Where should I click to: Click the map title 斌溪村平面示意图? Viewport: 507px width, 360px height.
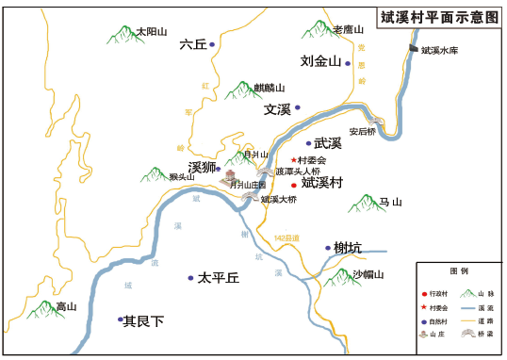pos(439,17)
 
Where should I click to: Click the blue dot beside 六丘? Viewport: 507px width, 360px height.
pos(212,44)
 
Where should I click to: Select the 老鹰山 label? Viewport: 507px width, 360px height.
pos(346,30)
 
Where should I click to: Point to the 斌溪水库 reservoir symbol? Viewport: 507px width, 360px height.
pos(413,48)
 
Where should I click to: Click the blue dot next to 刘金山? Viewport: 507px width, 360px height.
pos(348,63)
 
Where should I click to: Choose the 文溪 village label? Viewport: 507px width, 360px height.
pos(277,109)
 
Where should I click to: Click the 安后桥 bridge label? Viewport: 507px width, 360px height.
pos(362,132)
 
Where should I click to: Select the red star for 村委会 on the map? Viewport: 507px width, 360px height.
pos(293,160)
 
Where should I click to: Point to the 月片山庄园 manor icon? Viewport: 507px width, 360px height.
pos(229,176)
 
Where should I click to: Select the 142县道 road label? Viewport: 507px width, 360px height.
pos(286,238)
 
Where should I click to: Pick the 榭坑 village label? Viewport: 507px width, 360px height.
pos(348,248)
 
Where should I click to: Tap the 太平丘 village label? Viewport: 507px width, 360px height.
pos(219,278)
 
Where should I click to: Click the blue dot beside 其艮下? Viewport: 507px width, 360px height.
pos(120,319)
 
